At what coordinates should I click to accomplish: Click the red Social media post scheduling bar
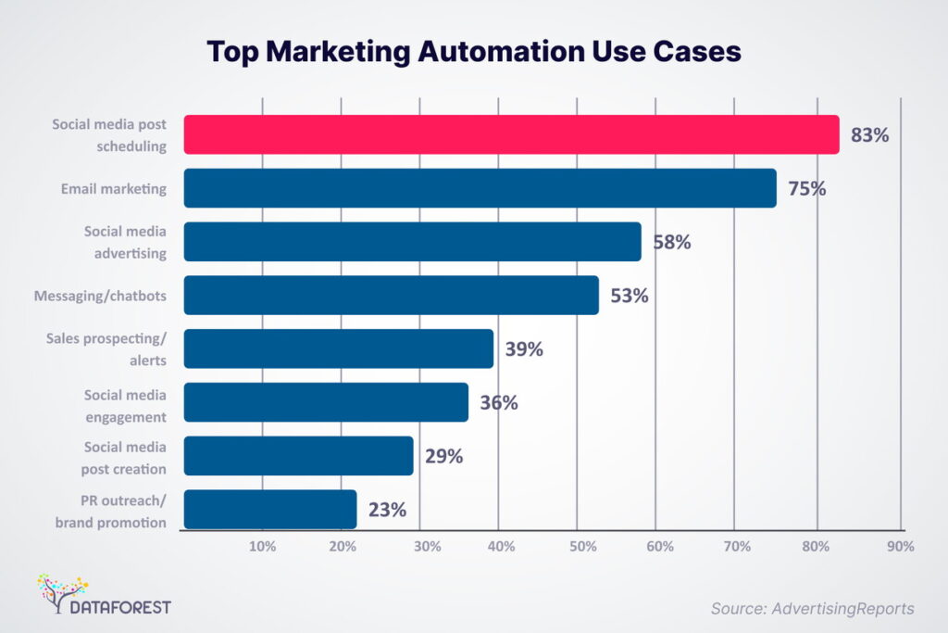click(511, 134)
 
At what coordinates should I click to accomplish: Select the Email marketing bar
click(480, 188)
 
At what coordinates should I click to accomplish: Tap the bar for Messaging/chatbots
click(391, 296)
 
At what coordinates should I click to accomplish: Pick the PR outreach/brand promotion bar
click(270, 510)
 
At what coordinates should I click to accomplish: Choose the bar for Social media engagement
click(326, 402)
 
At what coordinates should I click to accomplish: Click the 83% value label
click(870, 135)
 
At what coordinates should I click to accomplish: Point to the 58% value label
click(673, 243)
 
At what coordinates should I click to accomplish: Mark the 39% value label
click(524, 349)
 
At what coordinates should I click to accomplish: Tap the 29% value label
click(444, 456)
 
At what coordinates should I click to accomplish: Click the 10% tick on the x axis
click(263, 547)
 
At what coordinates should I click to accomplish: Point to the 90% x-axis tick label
click(900, 547)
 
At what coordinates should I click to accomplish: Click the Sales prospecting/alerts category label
click(106, 348)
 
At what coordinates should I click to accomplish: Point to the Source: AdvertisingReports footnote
click(812, 608)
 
